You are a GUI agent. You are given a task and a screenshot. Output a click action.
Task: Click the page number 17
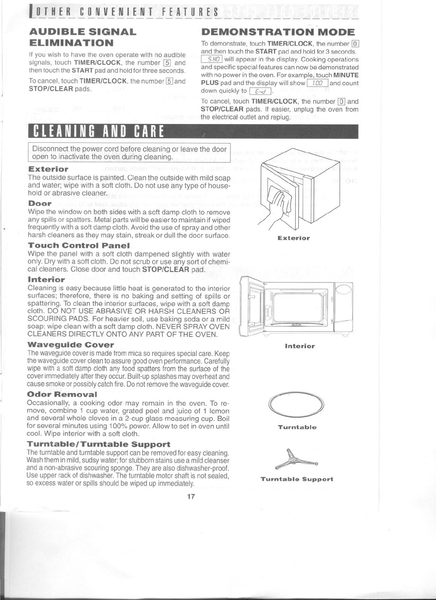pyautogui.click(x=191, y=497)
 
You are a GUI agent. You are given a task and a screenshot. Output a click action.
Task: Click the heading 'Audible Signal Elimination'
pyautogui.click(x=82, y=37)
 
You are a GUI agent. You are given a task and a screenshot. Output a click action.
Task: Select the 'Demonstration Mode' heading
pyautogui.click(x=278, y=32)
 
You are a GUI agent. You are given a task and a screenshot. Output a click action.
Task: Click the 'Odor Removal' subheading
pyautogui.click(x=62, y=394)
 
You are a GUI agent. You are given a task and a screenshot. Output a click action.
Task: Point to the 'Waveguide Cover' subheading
pyautogui.click(x=71, y=345)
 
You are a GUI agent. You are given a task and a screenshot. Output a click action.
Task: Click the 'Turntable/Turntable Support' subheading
pyautogui.click(x=99, y=444)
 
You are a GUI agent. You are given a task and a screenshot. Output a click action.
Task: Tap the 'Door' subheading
pyautogui.click(x=40, y=203)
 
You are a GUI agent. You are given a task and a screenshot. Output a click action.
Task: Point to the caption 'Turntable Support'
pyautogui.click(x=297, y=479)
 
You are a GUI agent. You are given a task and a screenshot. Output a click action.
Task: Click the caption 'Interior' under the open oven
pyautogui.click(x=300, y=346)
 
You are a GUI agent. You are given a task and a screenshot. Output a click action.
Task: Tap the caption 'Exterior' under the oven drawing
pyautogui.click(x=293, y=238)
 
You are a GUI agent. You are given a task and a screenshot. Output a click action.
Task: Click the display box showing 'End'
pyautogui.click(x=260, y=91)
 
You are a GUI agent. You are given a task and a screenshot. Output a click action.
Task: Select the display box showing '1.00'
pyautogui.click(x=317, y=83)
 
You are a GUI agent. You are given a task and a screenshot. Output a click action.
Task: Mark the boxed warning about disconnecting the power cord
pyautogui.click(x=129, y=153)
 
